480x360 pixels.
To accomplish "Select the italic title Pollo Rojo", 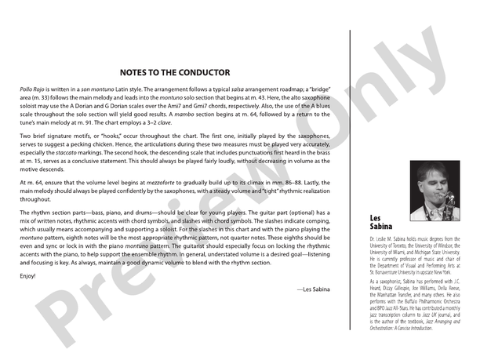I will point(34,90).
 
